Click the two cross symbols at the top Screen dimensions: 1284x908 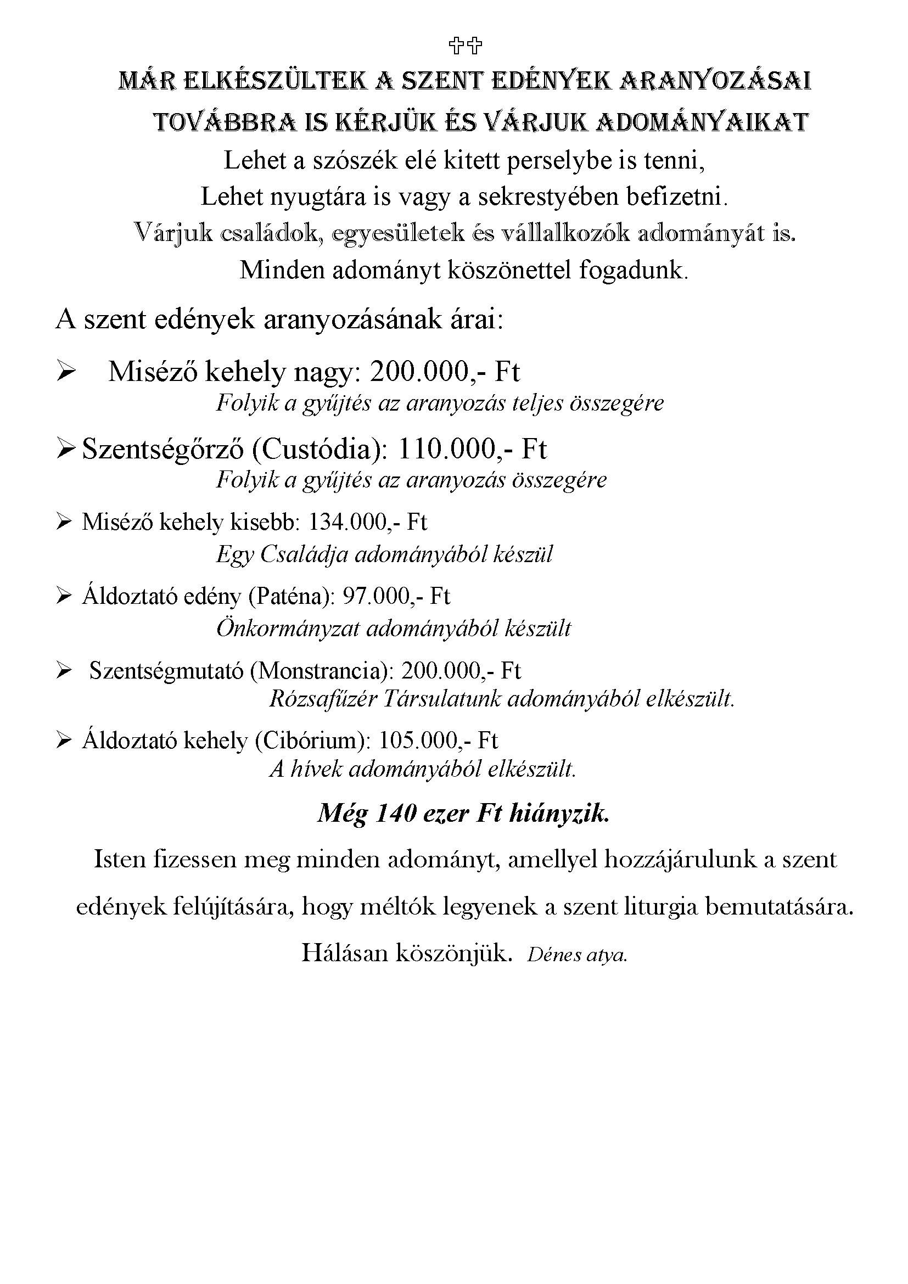[466, 46]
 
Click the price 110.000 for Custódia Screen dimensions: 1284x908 [446, 448]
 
